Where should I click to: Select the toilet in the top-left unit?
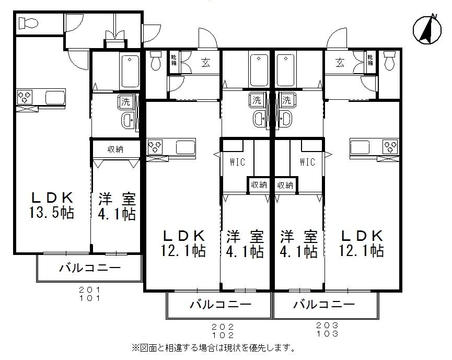pyautogui.click(x=27, y=23)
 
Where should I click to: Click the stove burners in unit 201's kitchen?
pyautogui.click(x=25, y=97)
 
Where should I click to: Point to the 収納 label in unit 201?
pyautogui.click(x=115, y=149)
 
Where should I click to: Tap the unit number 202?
pyautogui.click(x=219, y=326)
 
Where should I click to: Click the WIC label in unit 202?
pyautogui.click(x=237, y=162)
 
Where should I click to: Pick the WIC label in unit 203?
pyautogui.click(x=307, y=162)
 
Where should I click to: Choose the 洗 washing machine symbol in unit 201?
pyautogui.click(x=125, y=101)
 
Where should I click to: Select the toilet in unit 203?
pyautogui.click(x=389, y=62)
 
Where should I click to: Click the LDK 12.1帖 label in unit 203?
pyautogui.click(x=363, y=243)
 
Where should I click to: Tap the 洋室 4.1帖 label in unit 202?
pyautogui.click(x=245, y=244)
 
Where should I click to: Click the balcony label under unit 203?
pyautogui.click(x=324, y=304)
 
